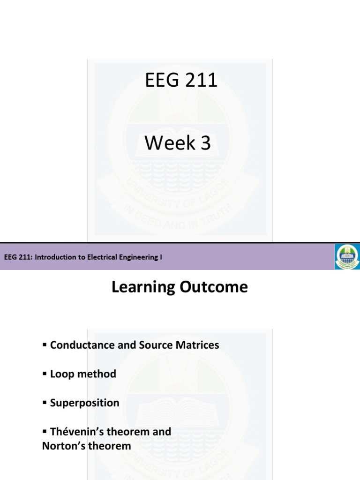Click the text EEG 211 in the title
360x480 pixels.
(181, 81)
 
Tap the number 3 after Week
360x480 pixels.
(206, 143)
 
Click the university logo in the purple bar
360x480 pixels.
(347, 256)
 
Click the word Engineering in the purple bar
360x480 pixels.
(139, 257)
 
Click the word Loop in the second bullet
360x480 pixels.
(60, 374)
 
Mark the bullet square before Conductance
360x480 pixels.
(45, 345)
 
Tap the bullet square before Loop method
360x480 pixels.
(45, 374)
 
